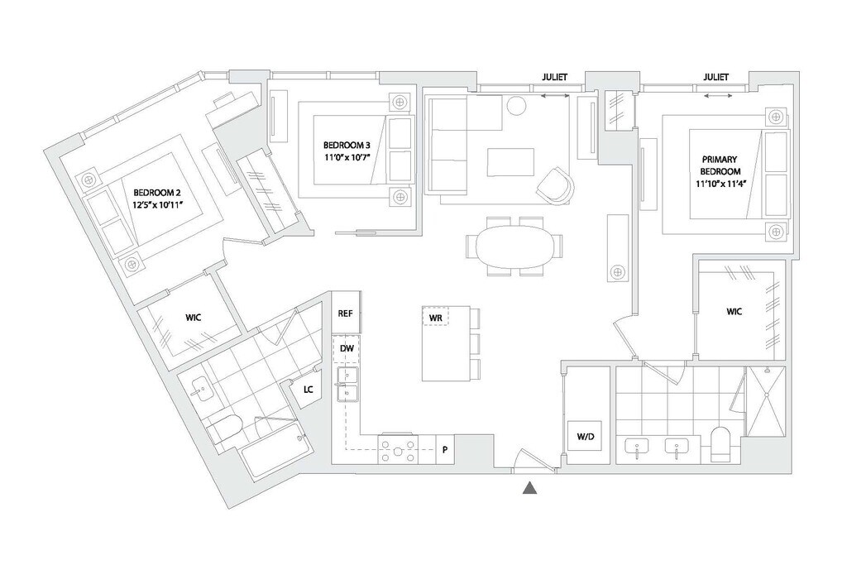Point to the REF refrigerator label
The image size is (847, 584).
click(x=346, y=314)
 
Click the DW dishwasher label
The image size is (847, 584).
click(x=347, y=349)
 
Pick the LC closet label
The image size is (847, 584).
click(x=308, y=388)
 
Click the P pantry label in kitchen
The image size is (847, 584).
click(x=444, y=450)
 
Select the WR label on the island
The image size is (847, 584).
click(x=435, y=317)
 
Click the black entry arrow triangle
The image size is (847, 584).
click(x=530, y=489)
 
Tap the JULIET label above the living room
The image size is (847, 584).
click(x=554, y=77)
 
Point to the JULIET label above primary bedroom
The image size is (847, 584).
click(x=716, y=77)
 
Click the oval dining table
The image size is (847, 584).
click(x=513, y=247)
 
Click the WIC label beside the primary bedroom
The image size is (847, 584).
click(x=735, y=312)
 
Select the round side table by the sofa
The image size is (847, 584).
click(x=517, y=105)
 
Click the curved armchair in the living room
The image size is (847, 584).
click(x=555, y=184)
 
